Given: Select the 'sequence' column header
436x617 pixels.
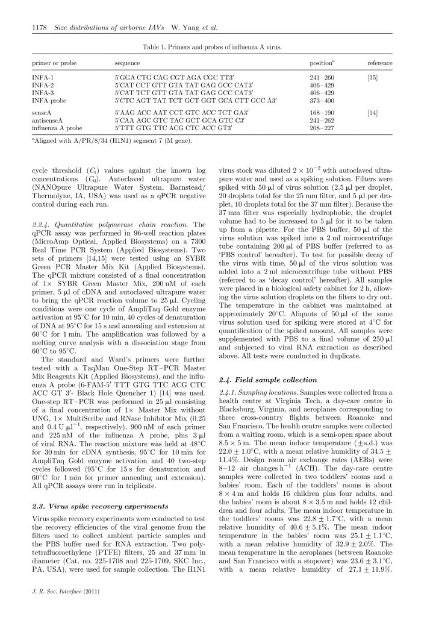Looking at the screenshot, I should point(127,63).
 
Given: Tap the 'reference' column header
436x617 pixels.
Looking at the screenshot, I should point(379,63).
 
